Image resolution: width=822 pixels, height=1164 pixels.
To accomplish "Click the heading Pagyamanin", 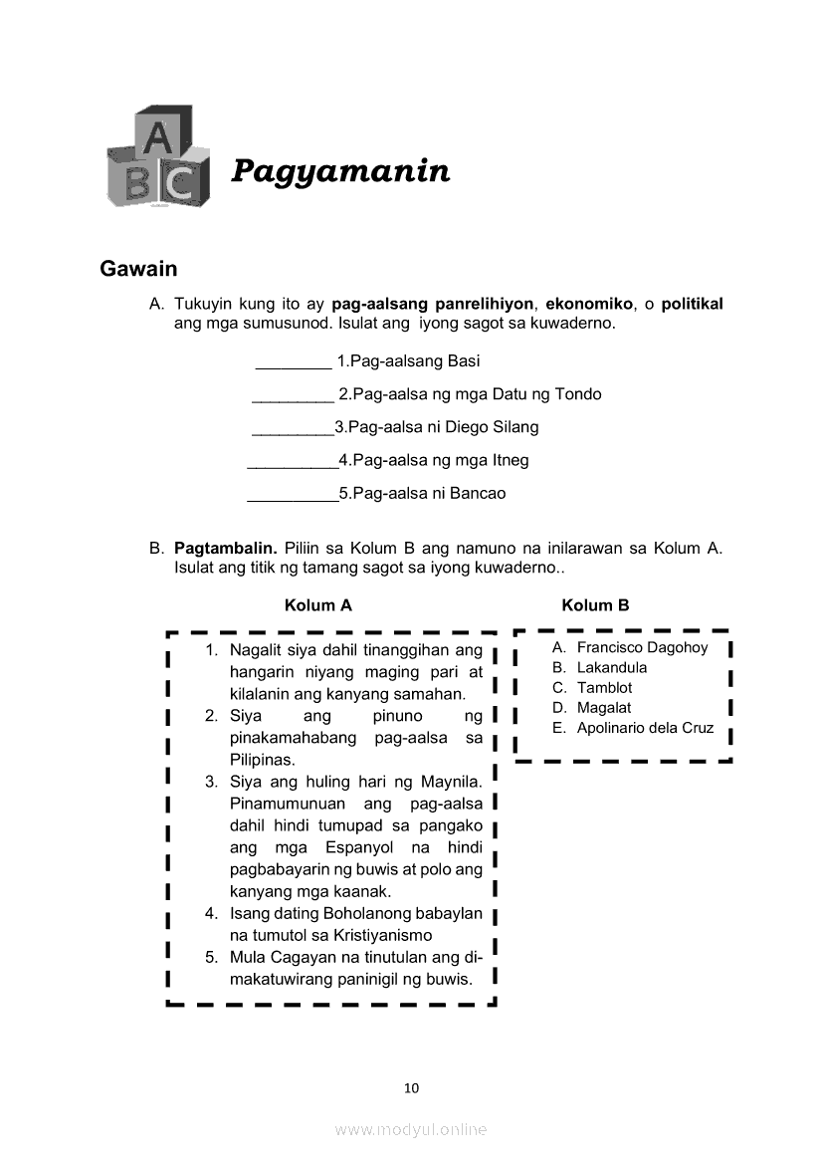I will click(340, 171).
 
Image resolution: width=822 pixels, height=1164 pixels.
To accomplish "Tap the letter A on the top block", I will click(155, 138).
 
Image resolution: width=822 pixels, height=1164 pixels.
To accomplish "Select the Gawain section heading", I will click(138, 269).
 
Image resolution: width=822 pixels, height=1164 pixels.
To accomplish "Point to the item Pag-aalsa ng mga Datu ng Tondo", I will click(470, 394).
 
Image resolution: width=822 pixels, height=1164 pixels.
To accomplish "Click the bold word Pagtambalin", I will click(225, 548).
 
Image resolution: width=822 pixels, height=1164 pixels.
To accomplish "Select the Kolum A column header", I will click(317, 605).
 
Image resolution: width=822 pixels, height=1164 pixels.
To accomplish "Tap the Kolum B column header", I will click(595, 605).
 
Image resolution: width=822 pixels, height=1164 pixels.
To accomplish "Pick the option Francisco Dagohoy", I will click(642, 648).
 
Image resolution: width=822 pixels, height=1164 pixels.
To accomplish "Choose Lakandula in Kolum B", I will click(611, 668).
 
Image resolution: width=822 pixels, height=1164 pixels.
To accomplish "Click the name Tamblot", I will click(604, 688).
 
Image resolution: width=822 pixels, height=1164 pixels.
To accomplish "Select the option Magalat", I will click(603, 708).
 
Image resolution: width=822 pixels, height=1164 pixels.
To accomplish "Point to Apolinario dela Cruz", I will click(645, 728).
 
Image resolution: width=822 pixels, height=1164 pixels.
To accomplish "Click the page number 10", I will click(411, 1087).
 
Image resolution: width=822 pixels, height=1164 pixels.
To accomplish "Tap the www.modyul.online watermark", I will click(411, 1129).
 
